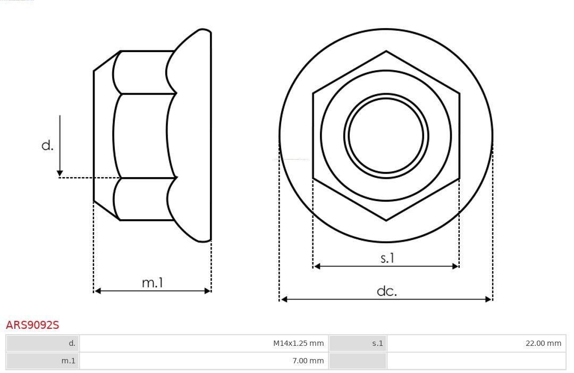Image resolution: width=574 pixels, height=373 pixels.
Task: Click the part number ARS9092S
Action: click(x=32, y=325)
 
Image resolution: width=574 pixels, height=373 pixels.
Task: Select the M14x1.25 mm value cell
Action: click(x=204, y=343)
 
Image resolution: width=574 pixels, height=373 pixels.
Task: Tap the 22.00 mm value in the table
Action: click(x=476, y=343)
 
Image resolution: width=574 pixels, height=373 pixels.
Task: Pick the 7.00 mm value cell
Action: click(x=204, y=361)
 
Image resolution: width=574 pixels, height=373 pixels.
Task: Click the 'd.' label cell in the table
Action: click(x=43, y=343)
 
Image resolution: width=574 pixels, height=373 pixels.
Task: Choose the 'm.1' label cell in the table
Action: click(x=43, y=361)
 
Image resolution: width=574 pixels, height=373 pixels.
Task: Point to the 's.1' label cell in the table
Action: click(x=358, y=343)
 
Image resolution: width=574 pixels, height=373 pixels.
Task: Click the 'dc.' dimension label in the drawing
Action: click(x=386, y=291)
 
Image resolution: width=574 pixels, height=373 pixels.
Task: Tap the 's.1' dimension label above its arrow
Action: click(x=387, y=258)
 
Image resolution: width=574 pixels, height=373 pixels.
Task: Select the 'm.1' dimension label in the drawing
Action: click(x=153, y=283)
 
